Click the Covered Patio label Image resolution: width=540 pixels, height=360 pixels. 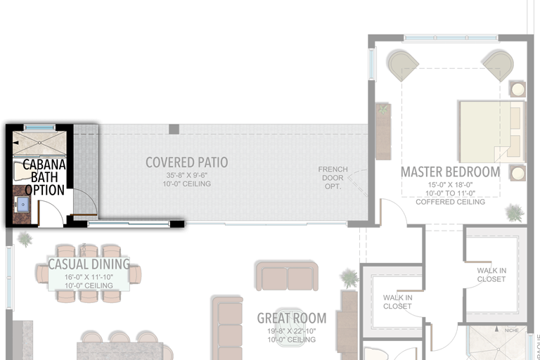(186, 162)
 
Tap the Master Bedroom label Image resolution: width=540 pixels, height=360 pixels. (450, 172)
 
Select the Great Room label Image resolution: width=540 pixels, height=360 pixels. (292, 318)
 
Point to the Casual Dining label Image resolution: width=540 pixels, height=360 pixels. (89, 264)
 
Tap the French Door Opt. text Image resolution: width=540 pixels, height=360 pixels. (333, 178)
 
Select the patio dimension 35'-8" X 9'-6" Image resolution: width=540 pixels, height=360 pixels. (187, 175)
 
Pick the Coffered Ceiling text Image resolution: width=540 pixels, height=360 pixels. (450, 202)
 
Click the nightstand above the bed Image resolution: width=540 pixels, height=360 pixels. (517, 90)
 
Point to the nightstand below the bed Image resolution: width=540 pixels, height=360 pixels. (517, 172)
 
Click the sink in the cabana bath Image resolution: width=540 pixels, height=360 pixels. (23, 205)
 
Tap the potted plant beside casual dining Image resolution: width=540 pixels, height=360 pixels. (25, 239)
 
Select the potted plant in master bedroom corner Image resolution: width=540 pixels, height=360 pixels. (515, 212)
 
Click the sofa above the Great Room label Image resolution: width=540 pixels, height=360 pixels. (287, 276)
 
